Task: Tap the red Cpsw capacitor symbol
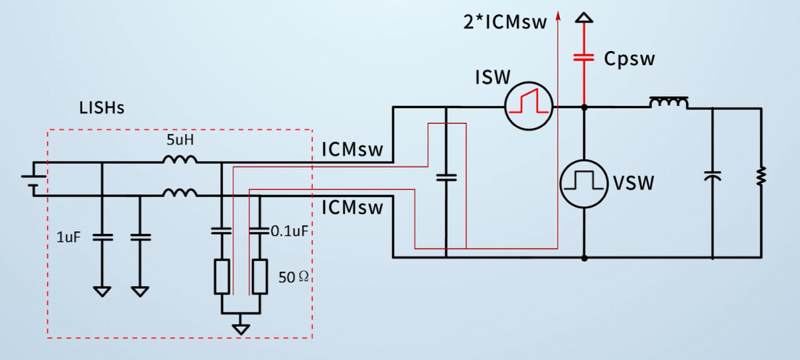[584, 57]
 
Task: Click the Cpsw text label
[629, 59]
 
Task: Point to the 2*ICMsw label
[505, 22]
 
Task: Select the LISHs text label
[101, 108]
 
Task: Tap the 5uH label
[179, 139]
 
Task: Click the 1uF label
[69, 237]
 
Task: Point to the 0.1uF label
[290, 232]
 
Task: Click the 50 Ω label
[293, 277]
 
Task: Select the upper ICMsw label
[352, 150]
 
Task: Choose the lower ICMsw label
[352, 208]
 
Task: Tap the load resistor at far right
[761, 176]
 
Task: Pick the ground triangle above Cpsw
[584, 18]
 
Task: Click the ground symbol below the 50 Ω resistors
[241, 330]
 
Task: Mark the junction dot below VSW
[584, 258]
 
